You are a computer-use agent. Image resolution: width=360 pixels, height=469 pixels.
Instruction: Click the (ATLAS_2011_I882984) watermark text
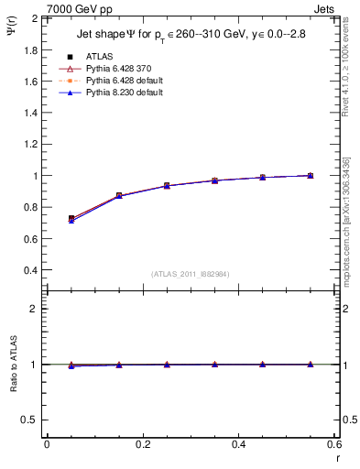pyautogui.click(x=190, y=273)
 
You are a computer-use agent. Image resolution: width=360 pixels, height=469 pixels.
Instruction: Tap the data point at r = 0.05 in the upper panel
pyautogui.click(x=71, y=219)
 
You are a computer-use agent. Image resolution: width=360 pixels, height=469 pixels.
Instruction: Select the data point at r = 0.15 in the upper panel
pyautogui.click(x=119, y=196)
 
